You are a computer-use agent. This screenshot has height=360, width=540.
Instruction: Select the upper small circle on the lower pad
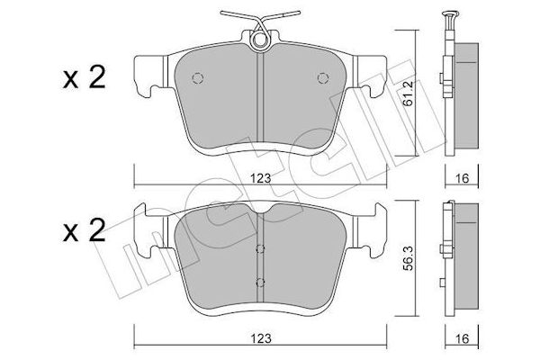[x=259, y=249]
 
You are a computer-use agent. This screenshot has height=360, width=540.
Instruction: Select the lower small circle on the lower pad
[x=259, y=283]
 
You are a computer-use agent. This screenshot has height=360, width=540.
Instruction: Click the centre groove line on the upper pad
[x=259, y=99]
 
